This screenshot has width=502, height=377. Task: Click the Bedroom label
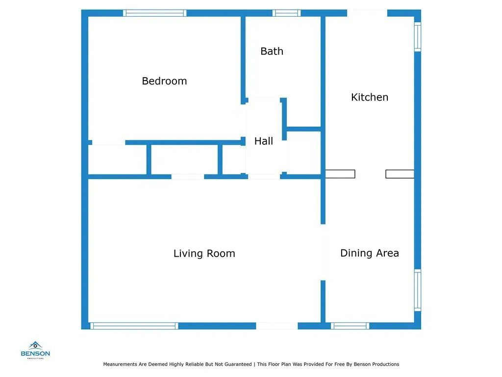pos(164,81)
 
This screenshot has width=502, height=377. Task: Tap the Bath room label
pos(272,51)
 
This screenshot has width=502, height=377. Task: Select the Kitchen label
pos(370,97)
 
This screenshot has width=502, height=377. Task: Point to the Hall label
pos(263,141)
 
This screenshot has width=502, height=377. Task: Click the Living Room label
pos(204,253)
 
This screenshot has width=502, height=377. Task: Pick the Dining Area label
pos(370,253)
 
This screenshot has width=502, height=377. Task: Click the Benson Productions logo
pos(35,350)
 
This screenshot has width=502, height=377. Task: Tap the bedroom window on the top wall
pos(154,13)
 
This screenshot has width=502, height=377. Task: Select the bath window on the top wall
pos(286,13)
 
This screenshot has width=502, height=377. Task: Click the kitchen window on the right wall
pos(418,36)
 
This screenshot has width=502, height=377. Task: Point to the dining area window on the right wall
pos(418,290)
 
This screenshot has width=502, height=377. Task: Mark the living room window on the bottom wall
pos(134,326)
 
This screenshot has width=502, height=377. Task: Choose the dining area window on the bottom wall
pos(350,326)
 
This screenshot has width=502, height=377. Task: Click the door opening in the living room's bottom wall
pos(277,326)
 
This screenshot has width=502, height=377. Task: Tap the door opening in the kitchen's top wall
pos(367,13)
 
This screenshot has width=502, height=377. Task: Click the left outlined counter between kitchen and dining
pos(340,174)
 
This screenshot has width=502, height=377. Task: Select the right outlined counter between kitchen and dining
pos(400,174)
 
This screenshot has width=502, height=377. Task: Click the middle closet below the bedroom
pos(184,160)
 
